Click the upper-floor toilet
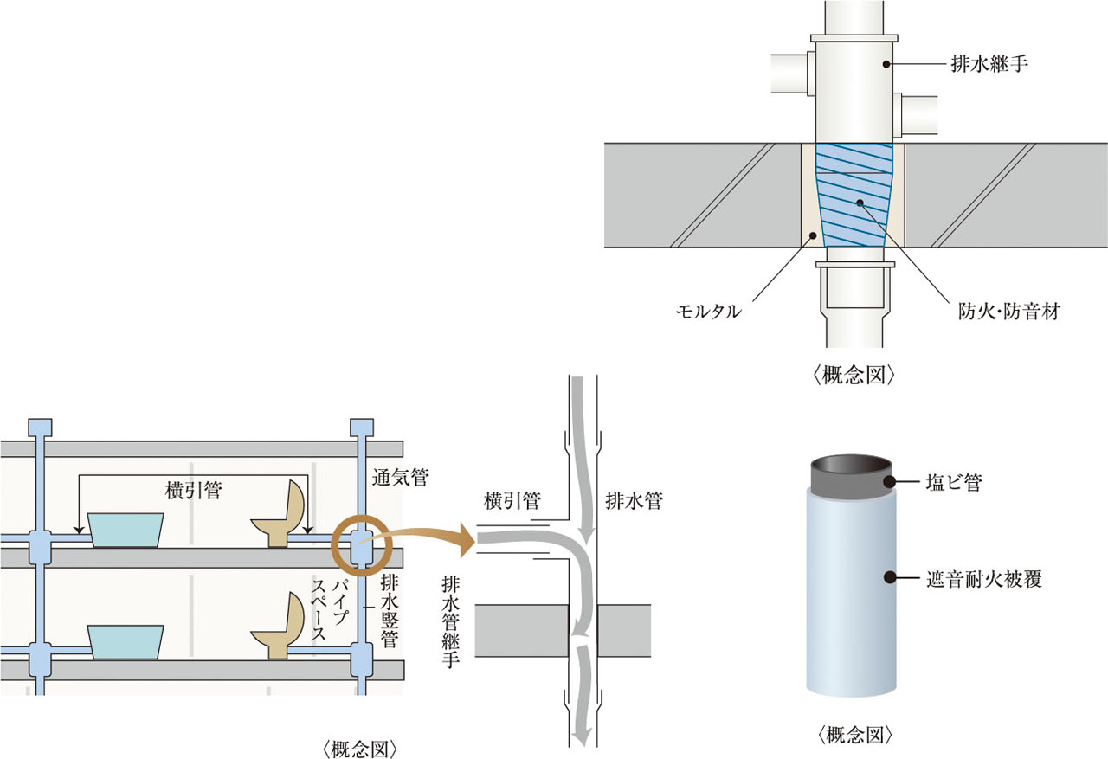282,516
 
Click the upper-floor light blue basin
126,529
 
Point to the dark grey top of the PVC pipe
851,473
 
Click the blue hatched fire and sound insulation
855,195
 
